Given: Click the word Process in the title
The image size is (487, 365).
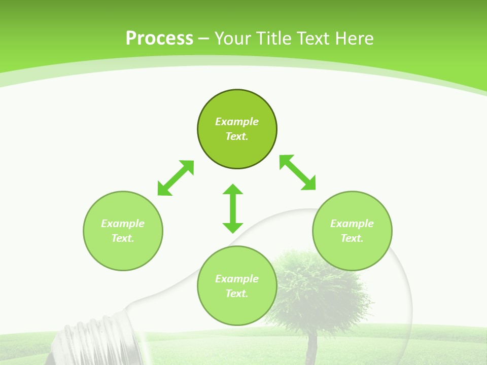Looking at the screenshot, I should (159, 39).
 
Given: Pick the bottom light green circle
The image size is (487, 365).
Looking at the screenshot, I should (237, 309).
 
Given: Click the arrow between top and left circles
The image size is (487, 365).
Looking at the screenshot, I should (176, 178).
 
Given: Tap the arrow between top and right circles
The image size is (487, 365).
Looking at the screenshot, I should (298, 172).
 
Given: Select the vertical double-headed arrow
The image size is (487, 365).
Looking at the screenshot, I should (233, 208).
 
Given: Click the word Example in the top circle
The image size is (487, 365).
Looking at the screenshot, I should (237, 122).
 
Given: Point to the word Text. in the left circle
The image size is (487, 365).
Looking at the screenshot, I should (123, 238).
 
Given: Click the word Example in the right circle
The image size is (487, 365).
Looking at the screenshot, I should (352, 224).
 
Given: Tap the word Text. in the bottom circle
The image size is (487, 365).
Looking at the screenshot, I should (237, 294).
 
